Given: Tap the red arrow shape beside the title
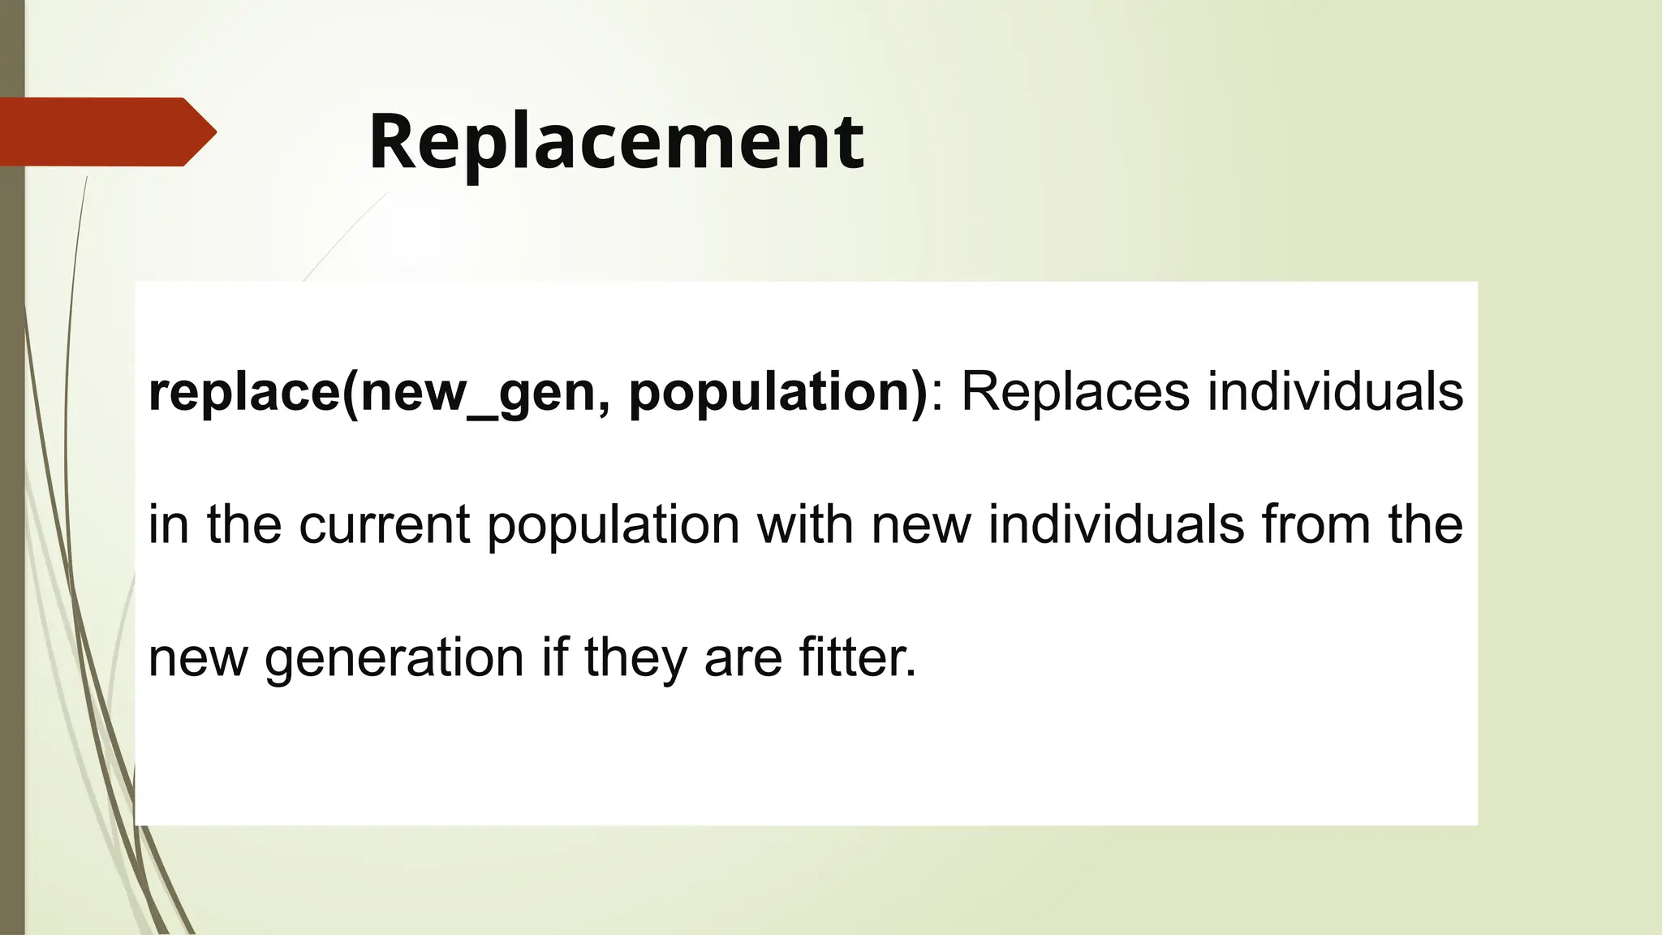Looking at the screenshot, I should (105, 131).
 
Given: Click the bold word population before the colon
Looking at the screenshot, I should (777, 392).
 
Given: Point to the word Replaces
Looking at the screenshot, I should (1076, 392).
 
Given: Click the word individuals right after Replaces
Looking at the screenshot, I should (1335, 392).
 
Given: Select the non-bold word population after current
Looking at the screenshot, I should (614, 526).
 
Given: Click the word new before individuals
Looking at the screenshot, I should (921, 526).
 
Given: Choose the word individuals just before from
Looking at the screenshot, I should (1116, 524).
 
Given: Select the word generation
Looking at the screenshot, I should (394, 657).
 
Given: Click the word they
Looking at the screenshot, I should (635, 657).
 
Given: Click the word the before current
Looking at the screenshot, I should (244, 524).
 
